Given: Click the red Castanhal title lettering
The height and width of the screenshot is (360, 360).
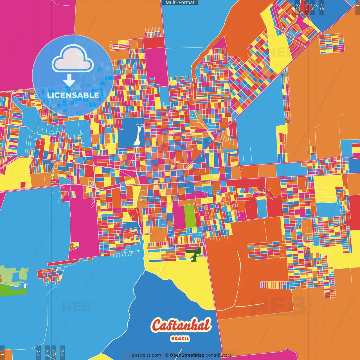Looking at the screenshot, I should coord(181,325).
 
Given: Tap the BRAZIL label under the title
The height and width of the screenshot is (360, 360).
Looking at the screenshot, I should coord(180,339).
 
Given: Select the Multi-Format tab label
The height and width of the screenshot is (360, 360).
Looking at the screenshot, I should coord(180,3).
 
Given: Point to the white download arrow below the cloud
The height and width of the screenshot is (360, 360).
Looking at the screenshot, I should coord(69,80).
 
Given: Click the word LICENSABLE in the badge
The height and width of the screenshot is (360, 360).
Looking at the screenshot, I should coord(73,95).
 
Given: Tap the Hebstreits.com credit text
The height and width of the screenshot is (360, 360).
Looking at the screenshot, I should coord(145,355).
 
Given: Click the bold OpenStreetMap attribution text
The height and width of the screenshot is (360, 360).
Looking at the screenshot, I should coord(187,355).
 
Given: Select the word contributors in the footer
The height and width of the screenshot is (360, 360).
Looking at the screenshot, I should coord(219,355).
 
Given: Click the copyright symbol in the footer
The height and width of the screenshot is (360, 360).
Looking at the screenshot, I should coord(166,355).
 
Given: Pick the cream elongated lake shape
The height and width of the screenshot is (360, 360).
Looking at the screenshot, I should coord(138,136).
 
